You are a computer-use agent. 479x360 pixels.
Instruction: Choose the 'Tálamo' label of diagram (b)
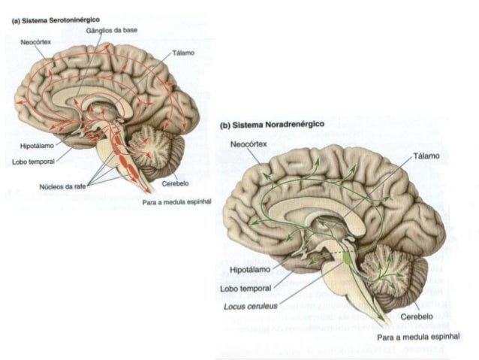[424, 156]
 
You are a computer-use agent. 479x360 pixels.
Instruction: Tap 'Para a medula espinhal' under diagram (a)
[177, 202]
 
